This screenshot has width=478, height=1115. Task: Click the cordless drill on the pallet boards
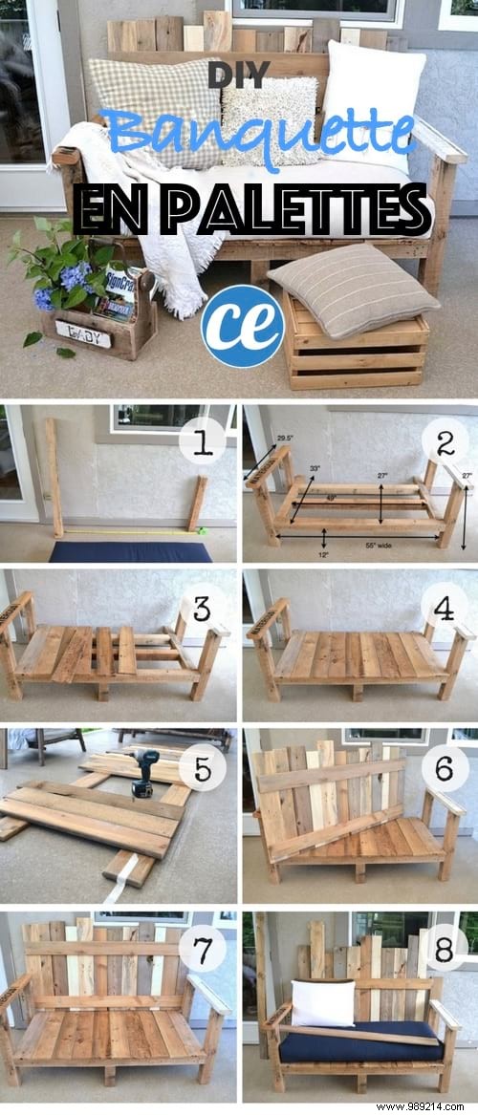click(142, 771)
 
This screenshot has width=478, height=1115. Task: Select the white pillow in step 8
click(322, 1003)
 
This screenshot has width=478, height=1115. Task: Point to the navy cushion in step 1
click(130, 551)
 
